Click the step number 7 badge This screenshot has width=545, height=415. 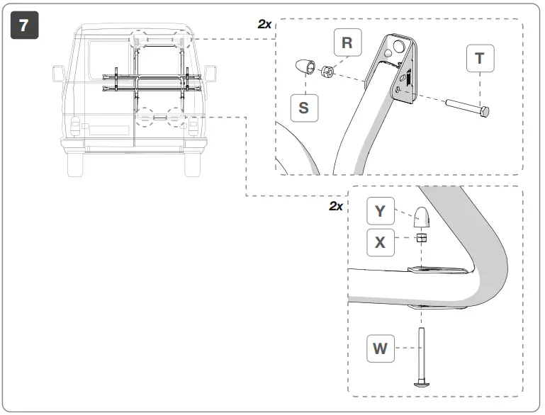tap(24, 25)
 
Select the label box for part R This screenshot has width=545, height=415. tap(347, 42)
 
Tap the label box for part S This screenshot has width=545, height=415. tap(303, 107)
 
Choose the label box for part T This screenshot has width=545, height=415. tap(480, 59)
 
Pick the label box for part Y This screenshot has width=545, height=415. tap(381, 210)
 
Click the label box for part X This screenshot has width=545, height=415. tap(381, 242)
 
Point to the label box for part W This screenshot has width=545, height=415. tap(381, 348)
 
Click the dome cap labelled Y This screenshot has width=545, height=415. tap(422, 216)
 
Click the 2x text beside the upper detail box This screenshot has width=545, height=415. tap(264, 23)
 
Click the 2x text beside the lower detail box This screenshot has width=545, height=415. tap(336, 206)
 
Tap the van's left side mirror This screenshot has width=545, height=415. tap(59, 74)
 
